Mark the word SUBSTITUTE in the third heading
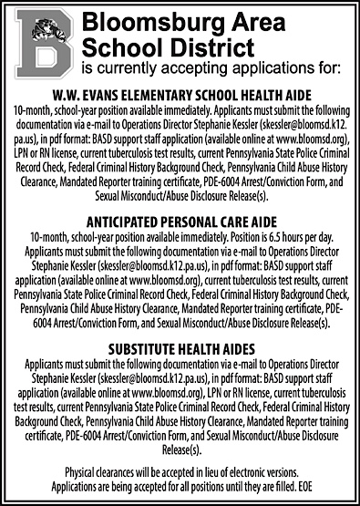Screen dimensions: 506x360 click(144, 348)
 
